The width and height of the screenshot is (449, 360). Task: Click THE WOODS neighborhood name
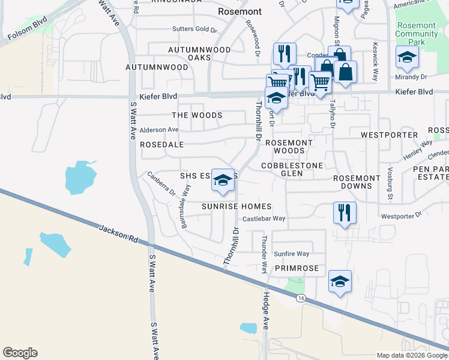[197, 115]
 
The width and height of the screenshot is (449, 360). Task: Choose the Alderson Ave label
[159, 130]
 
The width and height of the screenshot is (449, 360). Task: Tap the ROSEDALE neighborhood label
[161, 145]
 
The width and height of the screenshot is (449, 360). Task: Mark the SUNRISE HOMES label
[232, 206]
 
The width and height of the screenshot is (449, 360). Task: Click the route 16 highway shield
[301, 299]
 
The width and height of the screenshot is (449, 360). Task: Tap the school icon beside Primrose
[339, 281]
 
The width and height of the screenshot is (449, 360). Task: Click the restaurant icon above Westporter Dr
[345, 212]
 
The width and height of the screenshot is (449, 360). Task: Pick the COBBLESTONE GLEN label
[292, 169]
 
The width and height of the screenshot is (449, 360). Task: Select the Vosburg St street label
[390, 184]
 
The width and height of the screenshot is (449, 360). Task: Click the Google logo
[20, 353]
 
